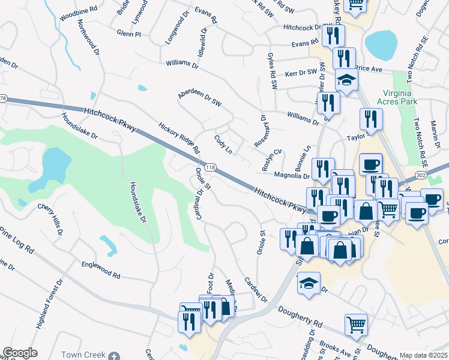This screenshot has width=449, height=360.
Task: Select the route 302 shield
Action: [421, 174]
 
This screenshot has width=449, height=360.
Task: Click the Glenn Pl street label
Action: [128, 34]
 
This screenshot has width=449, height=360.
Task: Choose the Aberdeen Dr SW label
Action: [199, 100]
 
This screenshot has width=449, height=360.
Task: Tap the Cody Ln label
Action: [223, 144]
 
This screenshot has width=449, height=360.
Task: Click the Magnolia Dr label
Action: [291, 176]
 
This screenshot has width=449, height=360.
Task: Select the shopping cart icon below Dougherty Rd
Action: [356, 325]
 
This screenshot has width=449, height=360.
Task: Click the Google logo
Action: [20, 353]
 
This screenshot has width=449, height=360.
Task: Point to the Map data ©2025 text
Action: [423, 355]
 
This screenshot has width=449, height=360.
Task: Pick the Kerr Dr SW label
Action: [300, 73]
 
